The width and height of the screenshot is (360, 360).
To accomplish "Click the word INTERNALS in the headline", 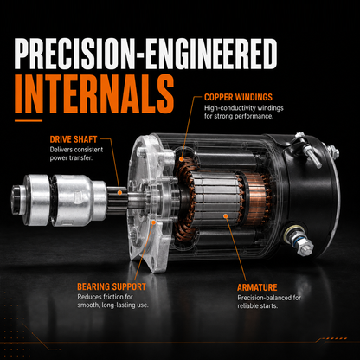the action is [94, 94].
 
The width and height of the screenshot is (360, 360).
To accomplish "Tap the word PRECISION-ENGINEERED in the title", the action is [145, 55].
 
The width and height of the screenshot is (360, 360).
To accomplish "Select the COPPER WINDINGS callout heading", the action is [238, 97].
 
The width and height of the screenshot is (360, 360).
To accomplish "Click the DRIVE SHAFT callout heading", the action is [74, 139].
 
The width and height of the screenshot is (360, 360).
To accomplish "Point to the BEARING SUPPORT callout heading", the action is [112, 286].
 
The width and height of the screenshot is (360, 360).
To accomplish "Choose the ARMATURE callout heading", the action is [257, 287].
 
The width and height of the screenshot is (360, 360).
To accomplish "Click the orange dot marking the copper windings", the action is [181, 158].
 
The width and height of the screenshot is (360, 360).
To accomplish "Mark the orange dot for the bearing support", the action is [154, 222].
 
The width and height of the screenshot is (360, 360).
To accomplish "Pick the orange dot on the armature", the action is [226, 215].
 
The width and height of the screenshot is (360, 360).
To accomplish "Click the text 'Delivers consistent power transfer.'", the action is [76, 154].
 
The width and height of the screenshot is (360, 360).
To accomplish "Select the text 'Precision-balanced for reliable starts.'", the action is [269, 302].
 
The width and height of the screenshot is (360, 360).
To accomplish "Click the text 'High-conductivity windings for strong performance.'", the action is [244, 112].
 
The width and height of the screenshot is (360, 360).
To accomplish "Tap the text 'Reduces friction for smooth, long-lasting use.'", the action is [112, 301].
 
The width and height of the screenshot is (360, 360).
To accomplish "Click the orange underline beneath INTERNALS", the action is [29, 120].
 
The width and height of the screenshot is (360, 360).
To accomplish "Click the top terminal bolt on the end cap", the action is [307, 150].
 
